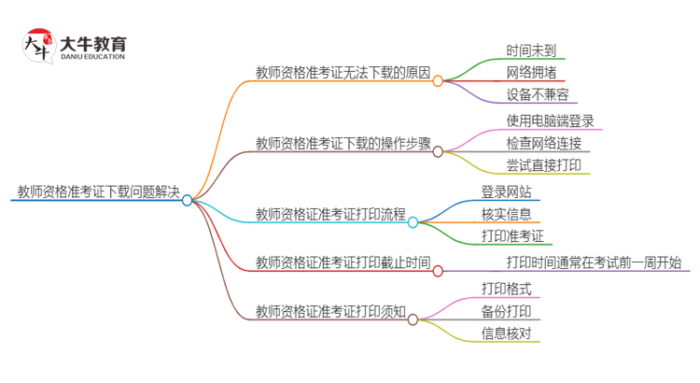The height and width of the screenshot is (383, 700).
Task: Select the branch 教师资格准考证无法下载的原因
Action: [343, 72]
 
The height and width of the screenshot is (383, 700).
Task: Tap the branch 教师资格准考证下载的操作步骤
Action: [343, 143]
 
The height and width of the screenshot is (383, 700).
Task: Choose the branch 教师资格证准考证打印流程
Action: [330, 215]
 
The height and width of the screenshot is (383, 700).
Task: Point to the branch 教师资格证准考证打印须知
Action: [330, 311]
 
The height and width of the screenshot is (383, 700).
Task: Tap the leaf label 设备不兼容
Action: [538, 94]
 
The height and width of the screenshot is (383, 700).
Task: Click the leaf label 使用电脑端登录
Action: [550, 121]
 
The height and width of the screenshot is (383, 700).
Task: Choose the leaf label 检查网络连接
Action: [544, 143]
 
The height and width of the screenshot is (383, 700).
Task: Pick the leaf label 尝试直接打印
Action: [544, 165]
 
